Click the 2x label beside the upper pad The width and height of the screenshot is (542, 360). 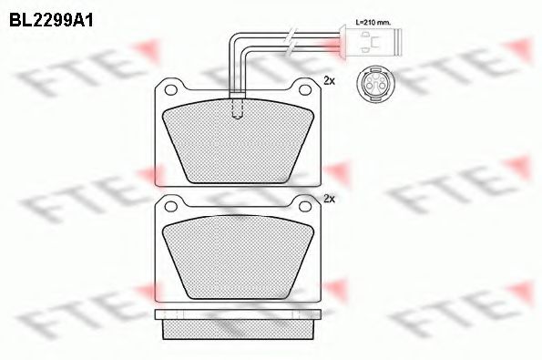(330, 82)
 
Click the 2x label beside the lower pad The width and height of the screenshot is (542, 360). (330, 198)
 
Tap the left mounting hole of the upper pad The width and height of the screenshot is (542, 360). (171, 88)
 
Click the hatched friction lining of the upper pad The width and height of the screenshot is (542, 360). (237, 141)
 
